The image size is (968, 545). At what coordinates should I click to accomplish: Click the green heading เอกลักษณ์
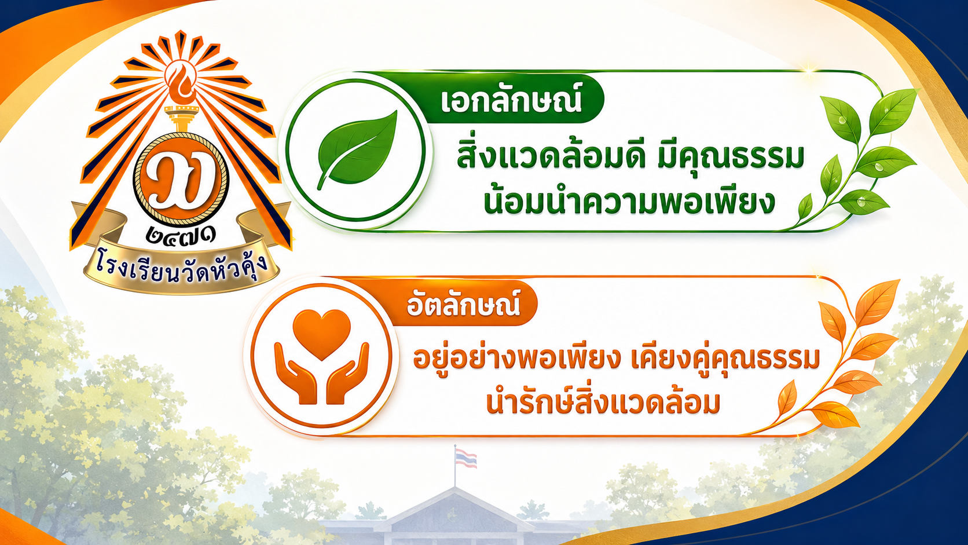pos(511,100)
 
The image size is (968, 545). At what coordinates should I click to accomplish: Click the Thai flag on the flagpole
pos(466,458)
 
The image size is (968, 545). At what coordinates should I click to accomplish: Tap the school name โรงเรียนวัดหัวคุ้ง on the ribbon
pos(182,268)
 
